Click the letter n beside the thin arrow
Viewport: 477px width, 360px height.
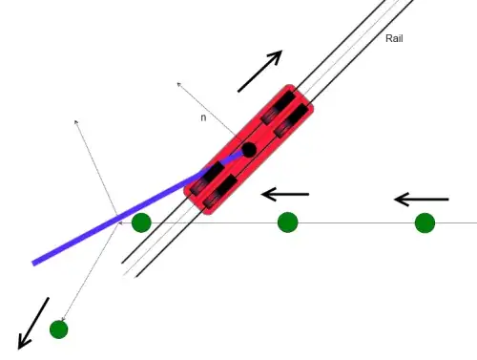(203, 118)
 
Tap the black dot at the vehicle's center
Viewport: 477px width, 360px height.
(248, 150)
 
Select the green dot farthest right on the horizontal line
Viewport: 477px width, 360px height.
(425, 222)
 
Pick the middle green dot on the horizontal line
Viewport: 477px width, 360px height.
(287, 222)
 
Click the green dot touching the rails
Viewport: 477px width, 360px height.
(141, 222)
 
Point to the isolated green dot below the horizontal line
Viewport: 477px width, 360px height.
(58, 329)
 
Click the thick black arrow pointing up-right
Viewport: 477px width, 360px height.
(260, 72)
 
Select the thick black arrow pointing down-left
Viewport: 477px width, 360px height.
(31, 323)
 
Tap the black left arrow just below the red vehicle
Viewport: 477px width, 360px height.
(284, 194)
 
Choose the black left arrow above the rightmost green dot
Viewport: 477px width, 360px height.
(421, 200)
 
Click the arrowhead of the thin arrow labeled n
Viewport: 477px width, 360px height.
(178, 84)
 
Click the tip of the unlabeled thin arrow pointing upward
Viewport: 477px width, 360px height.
(76, 121)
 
